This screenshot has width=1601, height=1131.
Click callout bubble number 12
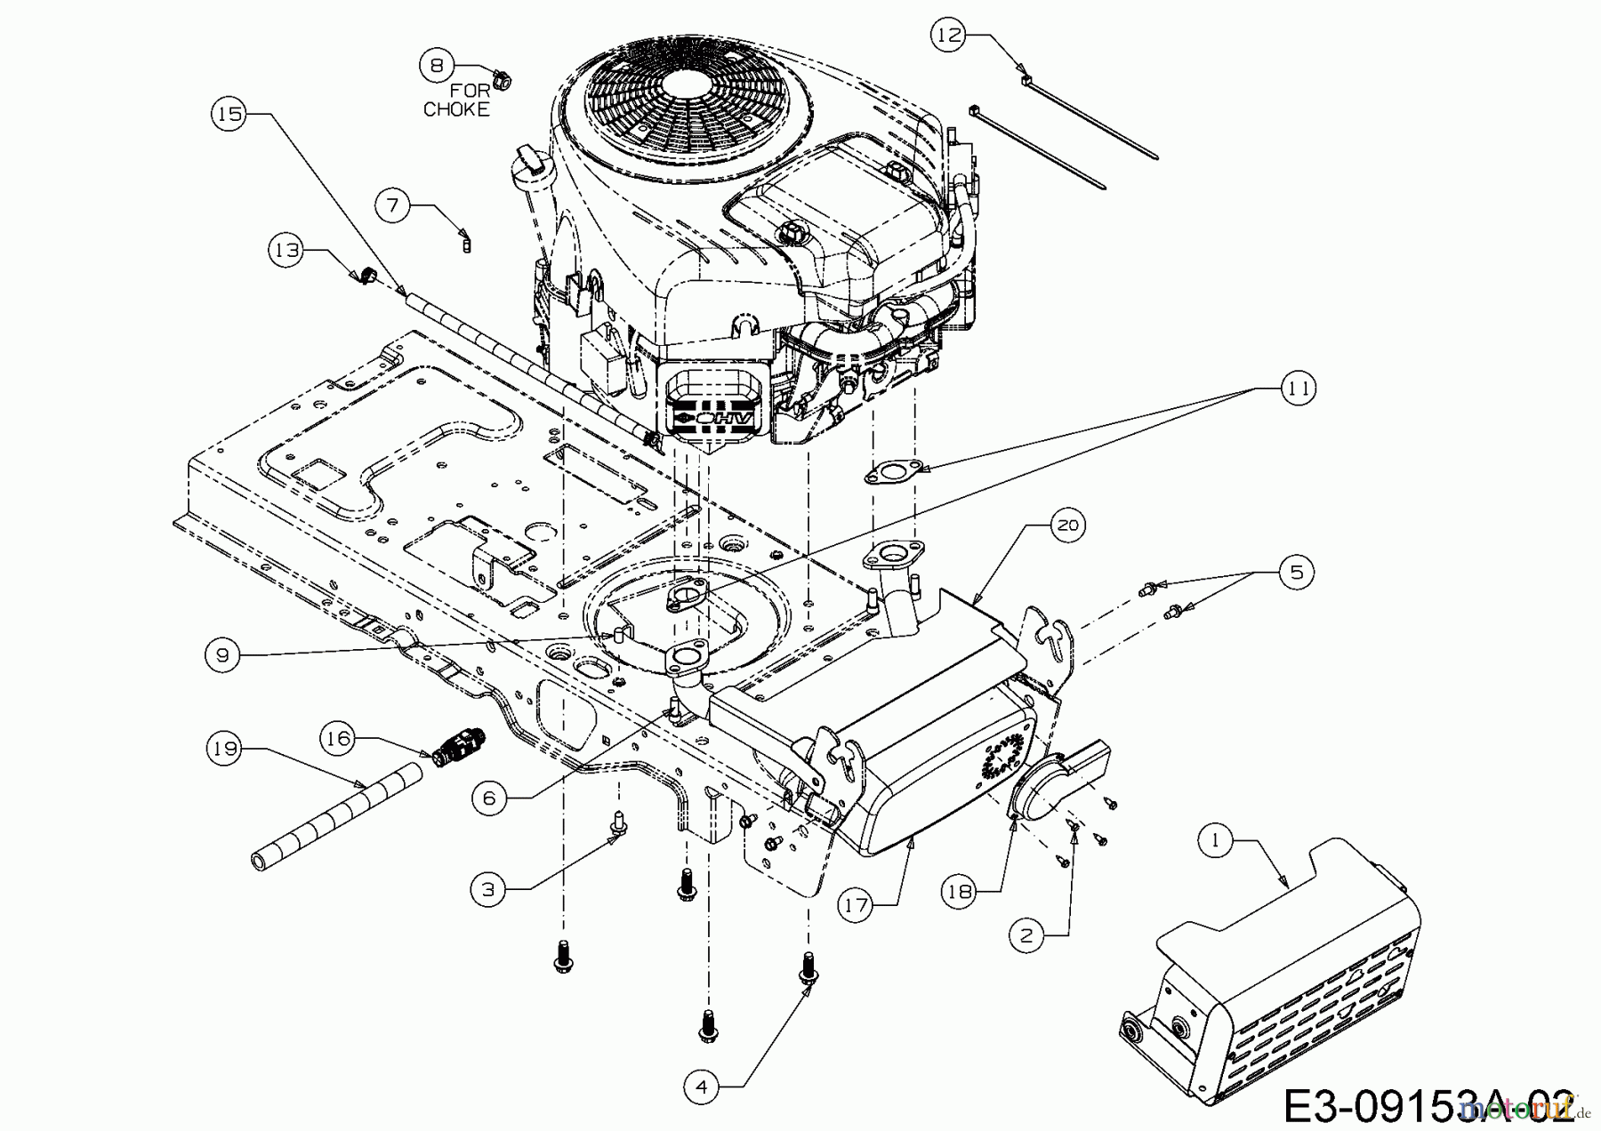949,35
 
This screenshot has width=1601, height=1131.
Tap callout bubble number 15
229,114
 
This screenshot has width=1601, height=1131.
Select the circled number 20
1067,525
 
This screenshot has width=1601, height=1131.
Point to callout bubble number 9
221,655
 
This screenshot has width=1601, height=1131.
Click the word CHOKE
456,109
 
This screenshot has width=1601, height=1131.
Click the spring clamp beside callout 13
366,275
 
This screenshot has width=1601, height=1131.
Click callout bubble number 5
1296,572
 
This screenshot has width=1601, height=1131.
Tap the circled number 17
857,905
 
